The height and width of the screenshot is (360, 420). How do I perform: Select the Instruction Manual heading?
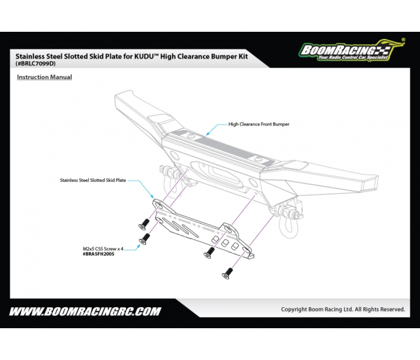[x=44, y=77]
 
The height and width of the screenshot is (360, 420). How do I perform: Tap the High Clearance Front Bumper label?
[x=259, y=124]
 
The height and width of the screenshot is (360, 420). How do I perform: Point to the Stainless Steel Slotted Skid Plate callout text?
[x=93, y=179]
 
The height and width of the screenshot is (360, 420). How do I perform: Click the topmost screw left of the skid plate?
[x=143, y=224]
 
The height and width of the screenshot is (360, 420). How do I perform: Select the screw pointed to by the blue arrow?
[x=144, y=240]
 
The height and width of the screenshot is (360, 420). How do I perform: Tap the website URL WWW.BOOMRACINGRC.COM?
[x=85, y=311]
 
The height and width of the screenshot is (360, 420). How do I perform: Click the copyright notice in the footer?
[x=343, y=310]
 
